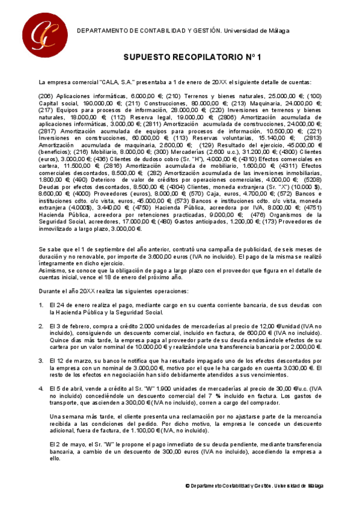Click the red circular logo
[x=41, y=30]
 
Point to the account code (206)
[x=46, y=96]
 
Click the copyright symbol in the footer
[x=188, y=485]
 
